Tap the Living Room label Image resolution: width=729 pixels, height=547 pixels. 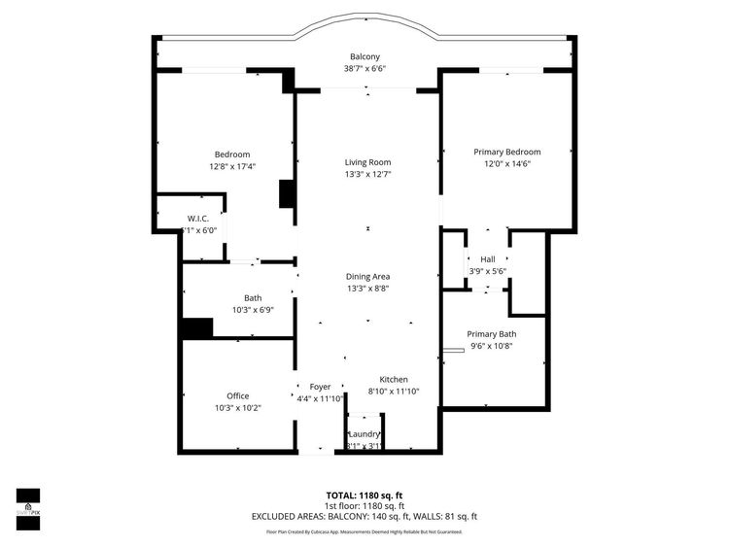[367, 162]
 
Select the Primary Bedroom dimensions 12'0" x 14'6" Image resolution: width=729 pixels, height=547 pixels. [506, 164]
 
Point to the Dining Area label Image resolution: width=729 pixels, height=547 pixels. [367, 276]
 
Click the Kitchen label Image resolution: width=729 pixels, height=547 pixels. [394, 379]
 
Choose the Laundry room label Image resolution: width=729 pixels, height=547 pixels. [364, 433]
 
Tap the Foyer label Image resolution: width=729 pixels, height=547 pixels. [320, 387]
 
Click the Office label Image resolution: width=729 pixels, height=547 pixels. [237, 395]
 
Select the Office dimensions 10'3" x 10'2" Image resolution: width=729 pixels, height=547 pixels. [237, 408]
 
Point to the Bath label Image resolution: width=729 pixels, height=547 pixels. [253, 298]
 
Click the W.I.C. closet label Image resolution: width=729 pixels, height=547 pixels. [198, 218]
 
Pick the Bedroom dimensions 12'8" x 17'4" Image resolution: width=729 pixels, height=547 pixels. [232, 166]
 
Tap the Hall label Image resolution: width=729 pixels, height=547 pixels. [487, 259]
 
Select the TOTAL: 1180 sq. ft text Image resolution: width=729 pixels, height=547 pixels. [364, 495]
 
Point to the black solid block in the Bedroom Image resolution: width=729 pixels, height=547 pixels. [287, 193]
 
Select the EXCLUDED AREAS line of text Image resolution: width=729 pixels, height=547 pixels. [364, 517]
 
